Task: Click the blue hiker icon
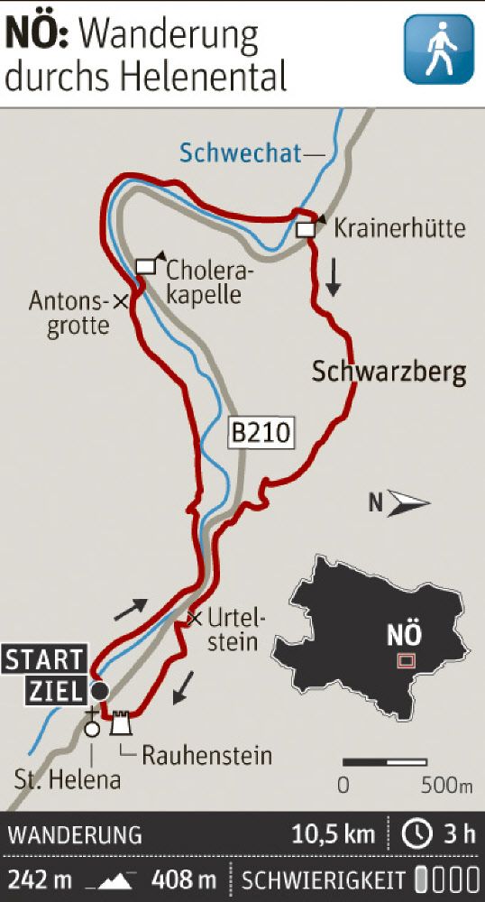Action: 438,50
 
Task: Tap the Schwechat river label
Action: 239,153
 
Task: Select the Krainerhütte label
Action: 399,227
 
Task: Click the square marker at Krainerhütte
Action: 306,230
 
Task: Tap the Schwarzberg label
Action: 389,373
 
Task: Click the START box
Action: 44,659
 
